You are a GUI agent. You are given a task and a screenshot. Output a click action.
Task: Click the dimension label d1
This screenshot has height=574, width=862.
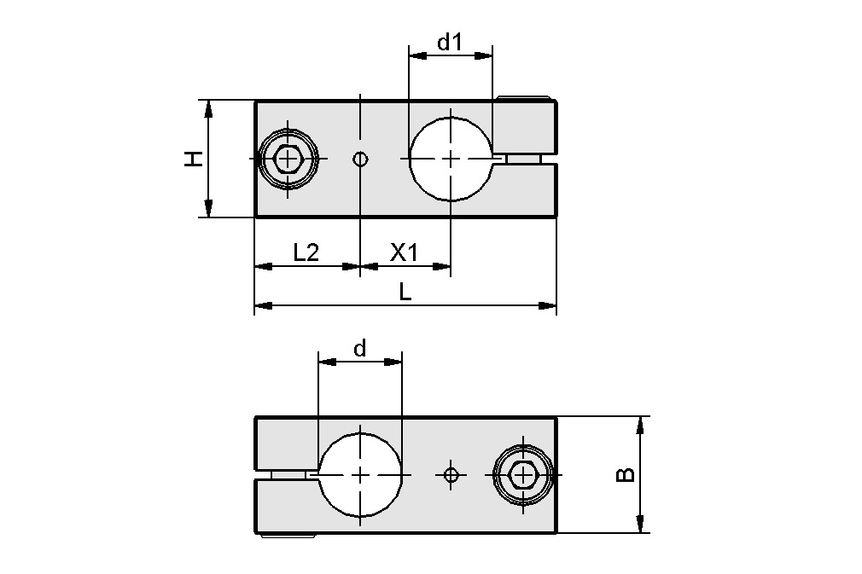449,42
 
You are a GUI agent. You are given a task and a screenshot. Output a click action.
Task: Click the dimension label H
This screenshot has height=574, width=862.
195,159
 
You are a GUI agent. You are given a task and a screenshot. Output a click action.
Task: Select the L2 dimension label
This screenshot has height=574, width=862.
306,252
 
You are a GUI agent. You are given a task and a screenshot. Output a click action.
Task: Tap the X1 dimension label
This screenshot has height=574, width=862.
404,252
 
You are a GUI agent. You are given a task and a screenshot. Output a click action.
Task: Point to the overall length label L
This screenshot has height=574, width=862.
405,292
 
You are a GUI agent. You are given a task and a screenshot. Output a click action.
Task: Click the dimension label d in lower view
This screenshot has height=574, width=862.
359,348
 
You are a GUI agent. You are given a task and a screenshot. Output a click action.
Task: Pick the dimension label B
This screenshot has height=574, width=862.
626,474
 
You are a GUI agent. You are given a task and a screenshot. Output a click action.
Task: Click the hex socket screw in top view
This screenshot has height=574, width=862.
290,159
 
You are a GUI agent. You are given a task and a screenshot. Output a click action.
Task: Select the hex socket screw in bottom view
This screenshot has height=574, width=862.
522,474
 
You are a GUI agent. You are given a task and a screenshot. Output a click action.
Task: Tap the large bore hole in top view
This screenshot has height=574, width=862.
451,159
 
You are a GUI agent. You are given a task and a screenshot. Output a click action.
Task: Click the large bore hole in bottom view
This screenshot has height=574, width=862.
360,474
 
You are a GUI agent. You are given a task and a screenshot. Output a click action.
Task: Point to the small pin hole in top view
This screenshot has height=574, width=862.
361,159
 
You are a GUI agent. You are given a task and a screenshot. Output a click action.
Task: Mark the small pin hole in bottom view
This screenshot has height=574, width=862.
451,474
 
